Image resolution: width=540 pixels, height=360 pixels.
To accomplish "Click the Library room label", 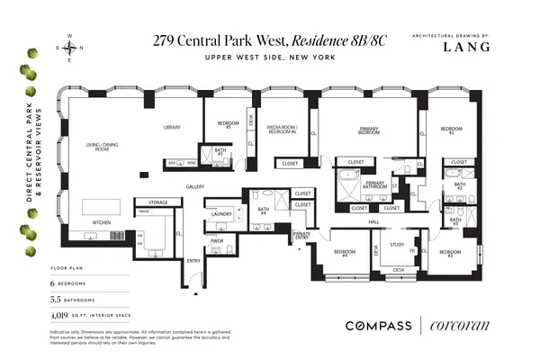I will point(173,128).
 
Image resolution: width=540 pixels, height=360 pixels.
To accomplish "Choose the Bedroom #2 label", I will point(452,131).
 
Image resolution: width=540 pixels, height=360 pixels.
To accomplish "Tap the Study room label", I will point(397,244).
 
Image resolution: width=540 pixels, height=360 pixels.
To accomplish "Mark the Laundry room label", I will point(221,214).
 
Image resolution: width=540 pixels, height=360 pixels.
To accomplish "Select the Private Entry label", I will point(301,236).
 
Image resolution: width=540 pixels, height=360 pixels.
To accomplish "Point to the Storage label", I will point(158,202).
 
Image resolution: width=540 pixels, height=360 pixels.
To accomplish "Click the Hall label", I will point(373,221).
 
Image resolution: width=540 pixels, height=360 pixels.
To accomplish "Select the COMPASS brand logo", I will point(377,325).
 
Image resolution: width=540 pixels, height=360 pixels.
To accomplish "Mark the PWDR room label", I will point(217,240).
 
